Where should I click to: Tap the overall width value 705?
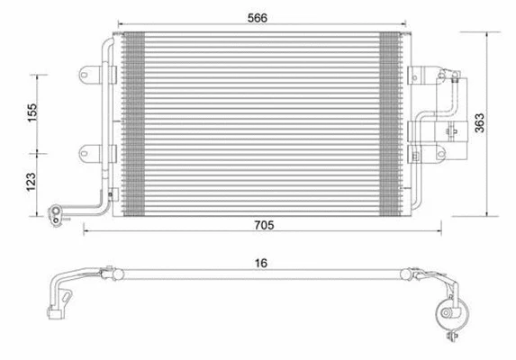pyautogui.click(x=263, y=225)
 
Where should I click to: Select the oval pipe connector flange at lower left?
pyautogui.click(x=57, y=213)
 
